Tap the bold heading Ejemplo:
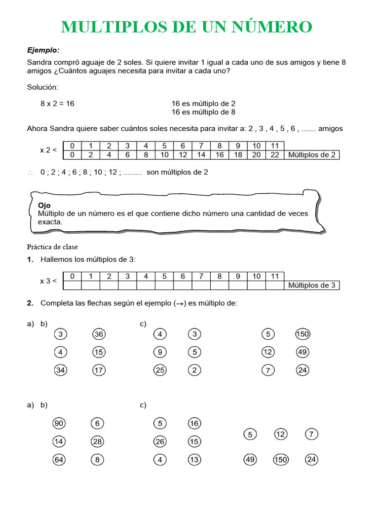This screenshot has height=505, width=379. pyautogui.click(x=43, y=50)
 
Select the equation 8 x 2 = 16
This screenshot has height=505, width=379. pyautogui.click(x=57, y=104)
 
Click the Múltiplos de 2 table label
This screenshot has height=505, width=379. pyautogui.click(x=312, y=155)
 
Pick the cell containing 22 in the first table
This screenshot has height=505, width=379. pyautogui.click(x=275, y=155)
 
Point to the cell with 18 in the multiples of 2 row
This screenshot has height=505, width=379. pyautogui.click(x=238, y=155)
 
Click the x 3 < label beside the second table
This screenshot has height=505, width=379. pyautogui.click(x=48, y=281)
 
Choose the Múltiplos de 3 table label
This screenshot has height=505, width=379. pyautogui.click(x=312, y=285)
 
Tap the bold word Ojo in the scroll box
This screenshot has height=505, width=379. pyautogui.click(x=44, y=205)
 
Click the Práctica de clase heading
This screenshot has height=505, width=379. pyautogui.click(x=52, y=247)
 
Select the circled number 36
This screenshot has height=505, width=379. pyautogui.click(x=99, y=334)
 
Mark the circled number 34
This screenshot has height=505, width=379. pyautogui.click(x=60, y=370)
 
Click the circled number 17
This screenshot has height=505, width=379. pyautogui.click(x=99, y=370)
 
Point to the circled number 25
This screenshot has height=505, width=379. pyautogui.click(x=160, y=370)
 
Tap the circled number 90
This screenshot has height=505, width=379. pyautogui.click(x=59, y=424)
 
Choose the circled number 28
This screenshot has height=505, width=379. pyautogui.click(x=97, y=442)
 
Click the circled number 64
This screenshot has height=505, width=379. pyautogui.click(x=59, y=460)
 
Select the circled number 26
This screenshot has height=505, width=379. pyautogui.click(x=160, y=442)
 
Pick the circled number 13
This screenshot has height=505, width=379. pyautogui.click(x=194, y=460)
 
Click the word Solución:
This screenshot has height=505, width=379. pyautogui.click(x=42, y=87)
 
